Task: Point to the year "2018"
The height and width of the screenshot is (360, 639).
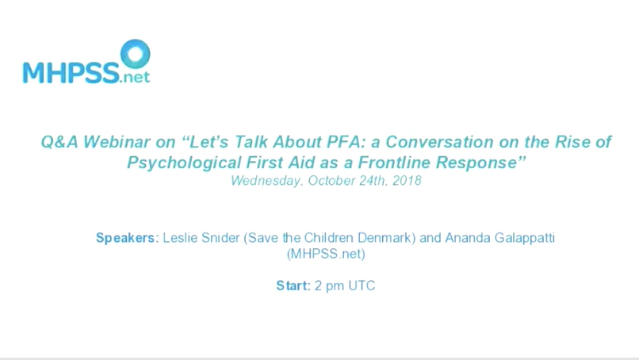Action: pyautogui.click(x=405, y=181)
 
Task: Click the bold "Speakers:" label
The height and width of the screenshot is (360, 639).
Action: pyautogui.click(x=127, y=238)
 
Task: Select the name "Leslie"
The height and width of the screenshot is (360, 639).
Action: pyautogui.click(x=180, y=238)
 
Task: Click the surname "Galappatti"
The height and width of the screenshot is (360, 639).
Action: pyautogui.click(x=520, y=238)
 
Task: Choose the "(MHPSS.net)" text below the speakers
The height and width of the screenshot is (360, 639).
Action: pyautogui.click(x=326, y=255)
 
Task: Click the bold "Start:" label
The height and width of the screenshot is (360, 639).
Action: pyautogui.click(x=293, y=286)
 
